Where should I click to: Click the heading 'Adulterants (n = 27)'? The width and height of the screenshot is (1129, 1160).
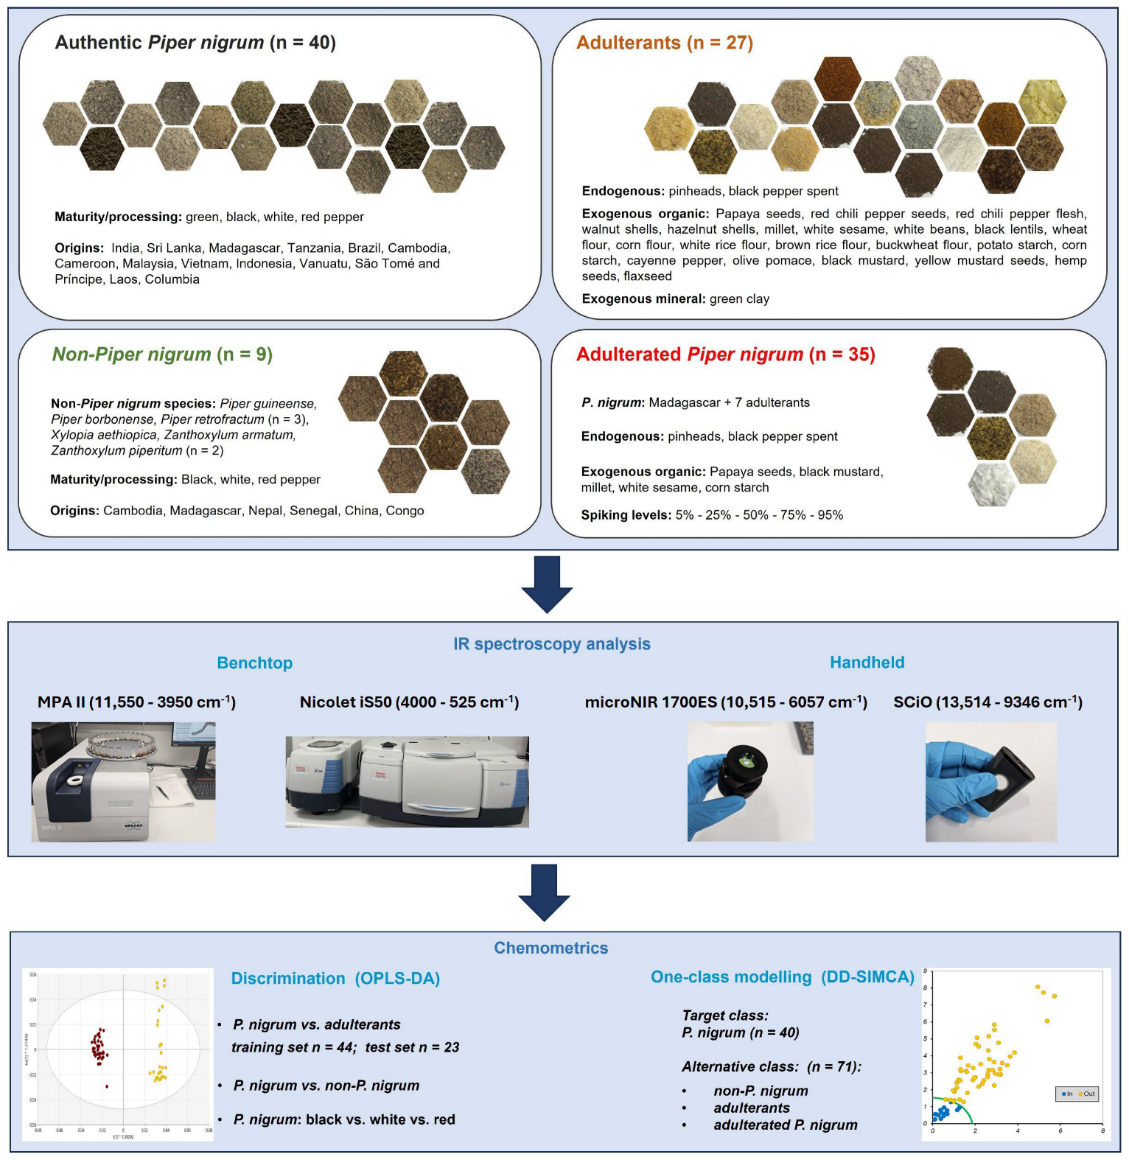(x=664, y=43)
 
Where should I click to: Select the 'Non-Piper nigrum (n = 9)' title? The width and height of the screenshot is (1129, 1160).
(x=162, y=354)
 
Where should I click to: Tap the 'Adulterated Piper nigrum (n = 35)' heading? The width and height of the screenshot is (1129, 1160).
(x=725, y=354)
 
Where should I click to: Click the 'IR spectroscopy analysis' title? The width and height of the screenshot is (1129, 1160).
(x=551, y=644)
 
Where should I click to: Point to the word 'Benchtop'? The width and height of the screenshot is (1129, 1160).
(x=254, y=663)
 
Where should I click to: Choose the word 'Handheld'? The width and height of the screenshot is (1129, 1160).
(x=867, y=663)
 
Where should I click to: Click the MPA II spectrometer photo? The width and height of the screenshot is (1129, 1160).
(x=123, y=782)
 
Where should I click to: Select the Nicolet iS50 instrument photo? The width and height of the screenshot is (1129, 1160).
(x=407, y=782)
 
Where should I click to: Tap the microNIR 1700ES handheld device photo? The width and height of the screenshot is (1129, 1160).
(x=750, y=782)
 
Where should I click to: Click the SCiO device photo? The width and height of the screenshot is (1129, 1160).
(x=990, y=782)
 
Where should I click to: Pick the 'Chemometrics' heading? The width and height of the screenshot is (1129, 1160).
(x=550, y=948)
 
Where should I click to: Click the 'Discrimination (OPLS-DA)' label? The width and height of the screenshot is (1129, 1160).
(x=335, y=979)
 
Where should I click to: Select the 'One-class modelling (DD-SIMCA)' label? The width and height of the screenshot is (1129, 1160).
(x=782, y=977)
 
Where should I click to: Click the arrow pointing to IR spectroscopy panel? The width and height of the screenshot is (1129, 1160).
(x=547, y=584)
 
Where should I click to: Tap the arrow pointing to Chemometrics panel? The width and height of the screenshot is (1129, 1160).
(x=544, y=892)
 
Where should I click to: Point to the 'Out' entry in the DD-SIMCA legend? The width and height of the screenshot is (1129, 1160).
(x=1088, y=1094)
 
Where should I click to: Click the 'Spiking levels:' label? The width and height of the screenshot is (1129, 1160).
(x=626, y=515)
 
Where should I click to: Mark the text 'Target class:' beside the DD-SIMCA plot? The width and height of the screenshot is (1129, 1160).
(x=724, y=1016)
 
